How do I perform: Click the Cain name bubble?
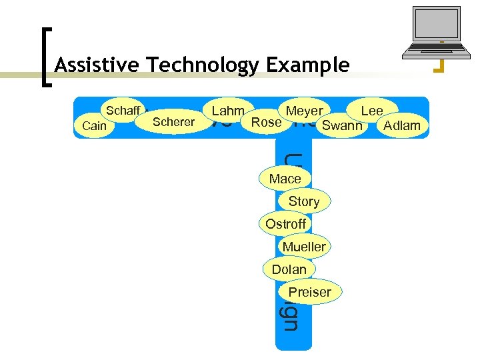[94, 125]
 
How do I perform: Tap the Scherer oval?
[173, 121]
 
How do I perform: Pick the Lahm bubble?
[227, 111]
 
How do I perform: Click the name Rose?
[266, 122]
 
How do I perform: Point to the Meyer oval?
[304, 111]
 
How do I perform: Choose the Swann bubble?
[342, 125]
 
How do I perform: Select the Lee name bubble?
[372, 111]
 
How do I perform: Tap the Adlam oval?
[402, 125]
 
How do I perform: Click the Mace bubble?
[285, 179]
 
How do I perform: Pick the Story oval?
[304, 201]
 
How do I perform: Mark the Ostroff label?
[285, 224]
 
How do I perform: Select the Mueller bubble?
[304, 247]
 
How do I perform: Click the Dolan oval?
[289, 269]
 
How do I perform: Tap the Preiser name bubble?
[309, 292]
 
